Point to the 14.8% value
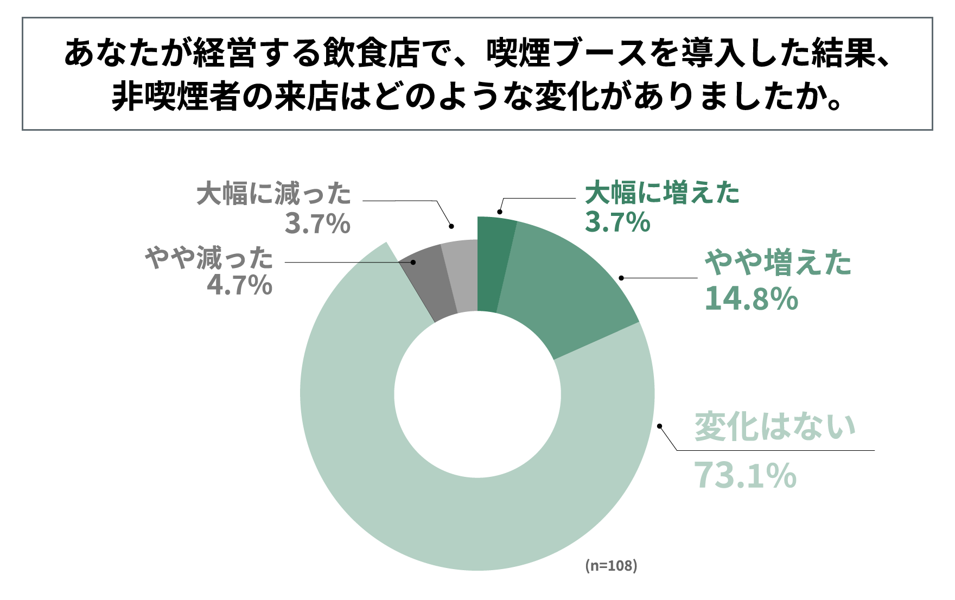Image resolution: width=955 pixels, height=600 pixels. [751, 299]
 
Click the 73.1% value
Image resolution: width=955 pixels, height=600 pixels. [745, 475]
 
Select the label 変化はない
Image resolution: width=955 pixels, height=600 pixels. [775, 427]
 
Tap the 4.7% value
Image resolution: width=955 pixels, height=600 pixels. [239, 285]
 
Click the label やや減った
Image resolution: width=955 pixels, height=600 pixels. [209, 258]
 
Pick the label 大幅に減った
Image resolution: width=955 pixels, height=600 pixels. [274, 194]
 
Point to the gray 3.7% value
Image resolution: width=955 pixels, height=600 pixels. [317, 224]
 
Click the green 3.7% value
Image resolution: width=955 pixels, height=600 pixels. [617, 222]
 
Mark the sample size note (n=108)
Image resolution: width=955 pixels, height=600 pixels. [611, 566]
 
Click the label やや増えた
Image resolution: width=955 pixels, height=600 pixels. [778, 263]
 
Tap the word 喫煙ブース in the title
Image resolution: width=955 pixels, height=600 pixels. [567, 54]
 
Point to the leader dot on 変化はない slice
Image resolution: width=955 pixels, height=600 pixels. [660, 426]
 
